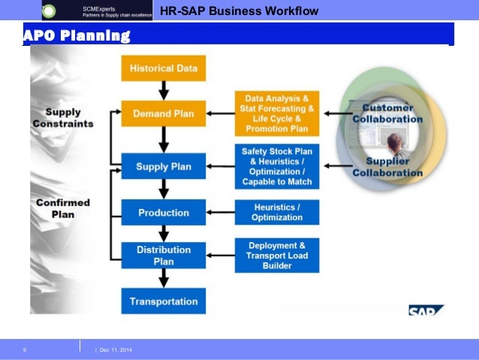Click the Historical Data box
(163, 68)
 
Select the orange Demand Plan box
(163, 114)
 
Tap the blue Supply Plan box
(163, 166)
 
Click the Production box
(163, 213)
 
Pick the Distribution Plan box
(163, 256)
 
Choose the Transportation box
(163, 301)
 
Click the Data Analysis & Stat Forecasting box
(276, 113)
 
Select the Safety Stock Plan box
(276, 166)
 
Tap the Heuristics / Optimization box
(276, 212)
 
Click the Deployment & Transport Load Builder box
(276, 256)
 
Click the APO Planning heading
(77, 36)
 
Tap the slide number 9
(25, 349)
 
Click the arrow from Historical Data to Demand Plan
(163, 91)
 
